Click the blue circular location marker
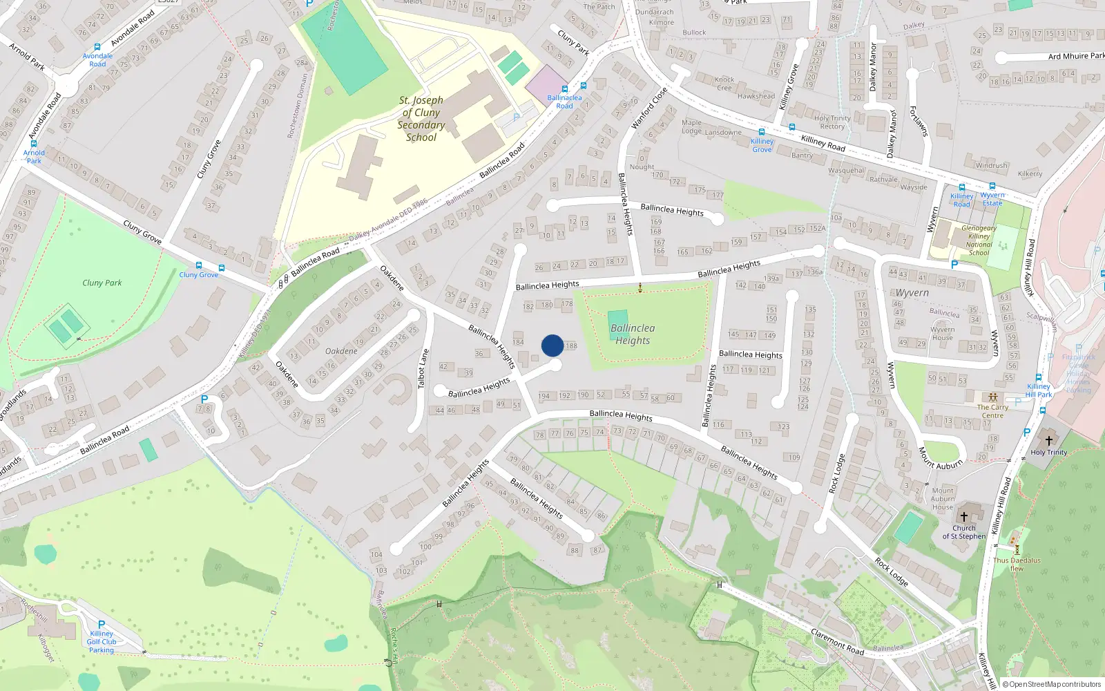pyautogui.click(x=552, y=345)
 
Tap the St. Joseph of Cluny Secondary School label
pyautogui.click(x=421, y=119)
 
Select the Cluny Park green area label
pyautogui.click(x=102, y=283)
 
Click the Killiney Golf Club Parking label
pyautogui.click(x=102, y=641)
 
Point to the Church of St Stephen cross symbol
pyautogui.click(x=964, y=516)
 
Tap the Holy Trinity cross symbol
pyautogui.click(x=1048, y=440)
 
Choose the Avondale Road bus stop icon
pyautogui.click(x=97, y=47)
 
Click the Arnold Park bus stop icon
pyautogui.click(x=33, y=144)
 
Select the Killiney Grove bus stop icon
pyautogui.click(x=762, y=132)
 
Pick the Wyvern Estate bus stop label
pyautogui.click(x=992, y=199)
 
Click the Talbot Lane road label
pyautogui.click(x=422, y=369)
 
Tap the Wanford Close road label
pyautogui.click(x=649, y=108)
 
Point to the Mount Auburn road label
pyautogui.click(x=940, y=458)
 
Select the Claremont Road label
pyautogui.click(x=837, y=642)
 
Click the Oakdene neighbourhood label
pyautogui.click(x=341, y=351)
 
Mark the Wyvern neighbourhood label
pyautogui.click(x=912, y=293)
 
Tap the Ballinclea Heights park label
pyautogui.click(x=633, y=334)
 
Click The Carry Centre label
pyautogui.click(x=992, y=411)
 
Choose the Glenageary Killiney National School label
pyautogui.click(x=979, y=240)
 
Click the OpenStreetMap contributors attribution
pyautogui.click(x=1051, y=684)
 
